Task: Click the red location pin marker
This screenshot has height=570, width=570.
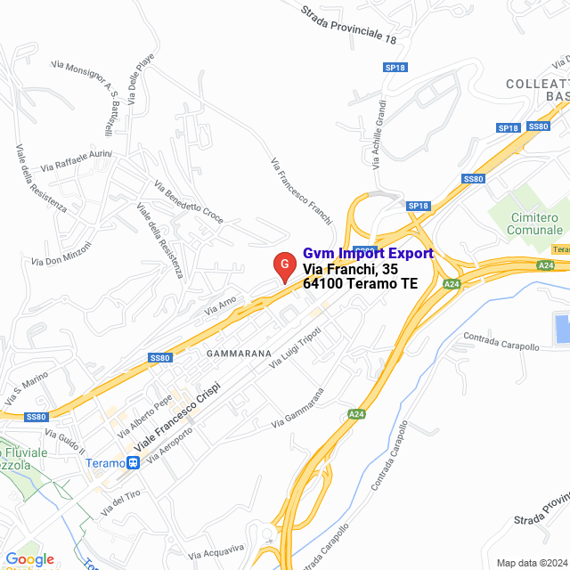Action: click(x=283, y=265)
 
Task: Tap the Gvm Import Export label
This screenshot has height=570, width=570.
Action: click(x=368, y=253)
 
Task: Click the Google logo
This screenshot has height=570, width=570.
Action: click(x=29, y=558)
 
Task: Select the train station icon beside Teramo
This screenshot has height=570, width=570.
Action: click(x=133, y=462)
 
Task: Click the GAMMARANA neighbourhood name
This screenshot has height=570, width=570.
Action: click(x=238, y=353)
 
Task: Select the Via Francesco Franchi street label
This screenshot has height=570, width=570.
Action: click(x=301, y=191)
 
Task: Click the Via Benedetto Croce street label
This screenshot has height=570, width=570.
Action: click(x=189, y=202)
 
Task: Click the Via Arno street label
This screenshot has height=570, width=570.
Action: click(x=221, y=306)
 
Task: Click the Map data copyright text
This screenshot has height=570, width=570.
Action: click(x=530, y=562)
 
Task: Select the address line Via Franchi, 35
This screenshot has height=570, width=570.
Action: click(x=350, y=269)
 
